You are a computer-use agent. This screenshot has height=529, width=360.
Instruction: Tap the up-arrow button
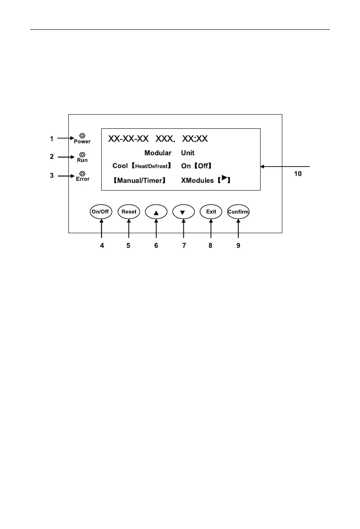[156, 212]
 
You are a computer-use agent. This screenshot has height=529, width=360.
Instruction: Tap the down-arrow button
[183, 212]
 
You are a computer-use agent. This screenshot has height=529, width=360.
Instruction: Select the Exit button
[211, 212]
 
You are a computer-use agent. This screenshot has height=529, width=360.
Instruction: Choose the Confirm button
[238, 212]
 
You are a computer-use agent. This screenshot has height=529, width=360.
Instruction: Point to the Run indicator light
[82, 154]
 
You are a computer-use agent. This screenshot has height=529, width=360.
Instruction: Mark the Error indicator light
[82, 173]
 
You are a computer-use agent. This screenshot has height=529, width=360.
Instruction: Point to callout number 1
[51, 139]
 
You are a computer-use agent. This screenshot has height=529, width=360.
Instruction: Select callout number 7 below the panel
[183, 245]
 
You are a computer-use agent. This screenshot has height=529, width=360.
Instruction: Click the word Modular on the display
[158, 153]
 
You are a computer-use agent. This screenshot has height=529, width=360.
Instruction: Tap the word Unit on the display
[188, 153]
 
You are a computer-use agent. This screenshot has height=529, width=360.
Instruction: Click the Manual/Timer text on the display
[138, 181]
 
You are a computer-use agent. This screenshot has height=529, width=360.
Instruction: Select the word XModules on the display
[198, 181]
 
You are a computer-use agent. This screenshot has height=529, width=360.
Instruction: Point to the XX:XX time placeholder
[195, 139]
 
